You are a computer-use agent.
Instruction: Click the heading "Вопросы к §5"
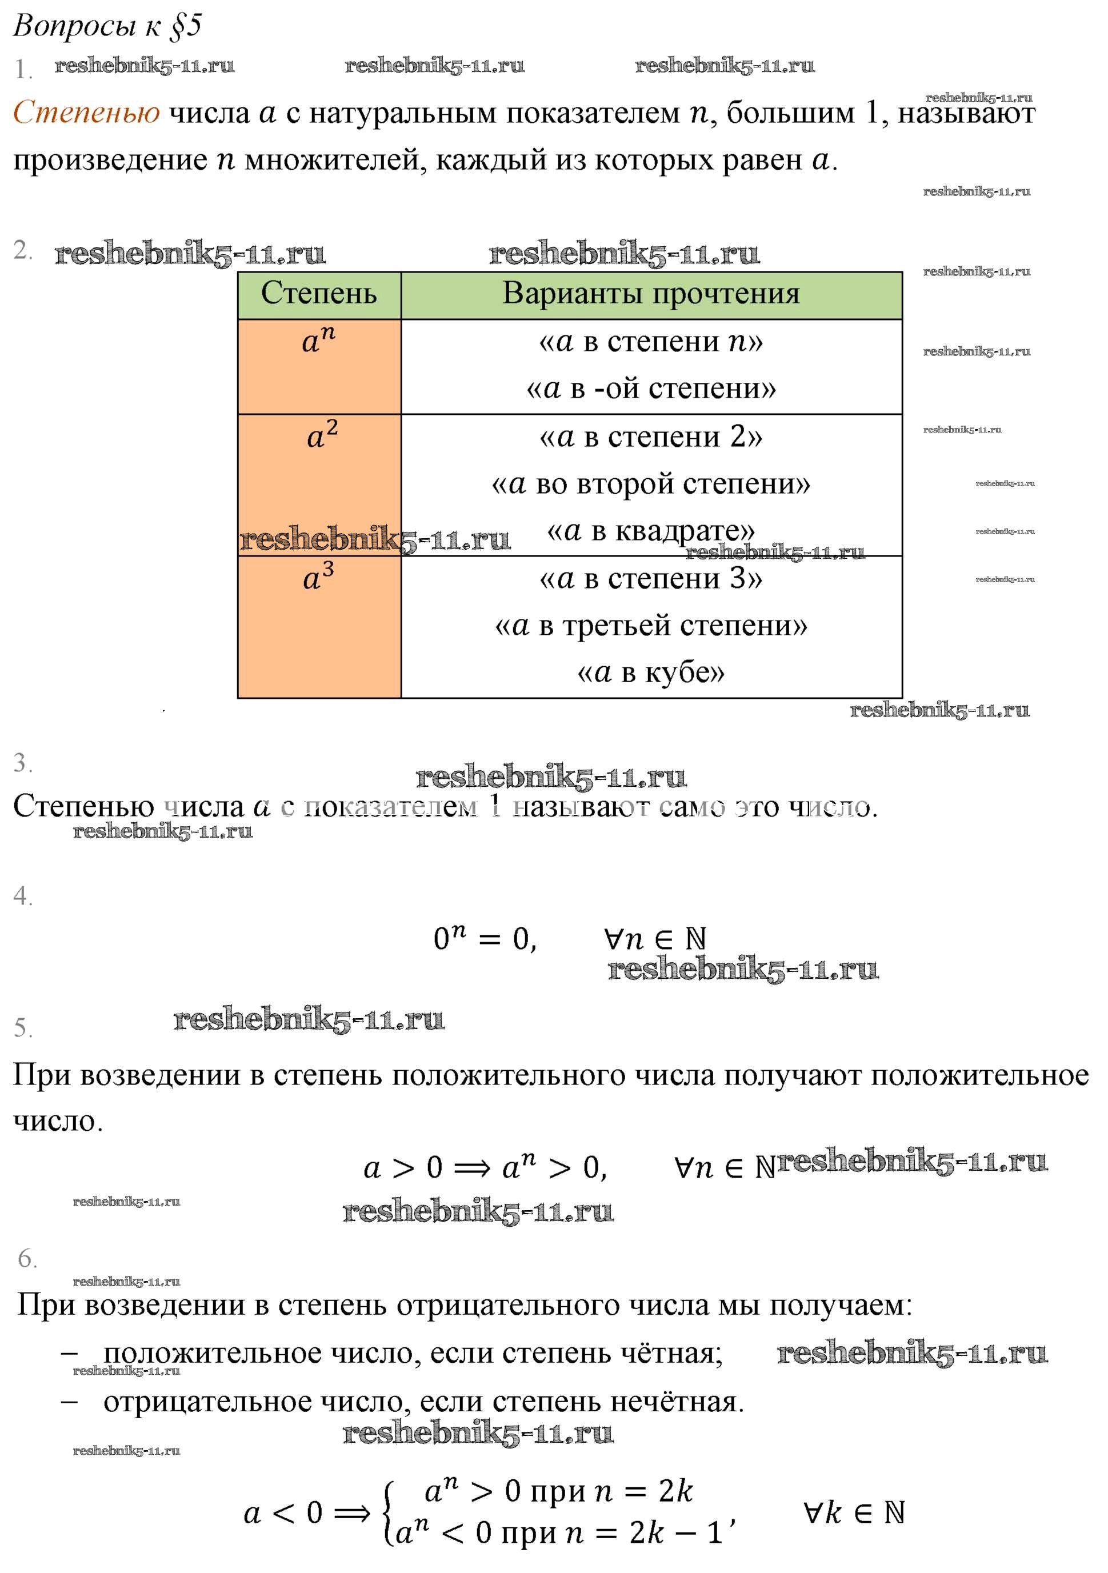tap(107, 26)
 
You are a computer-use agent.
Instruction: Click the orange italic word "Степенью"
tap(86, 113)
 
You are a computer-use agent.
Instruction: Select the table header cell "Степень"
tap(319, 294)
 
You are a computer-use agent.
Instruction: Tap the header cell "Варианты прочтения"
tap(650, 294)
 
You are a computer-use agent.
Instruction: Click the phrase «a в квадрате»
tap(650, 531)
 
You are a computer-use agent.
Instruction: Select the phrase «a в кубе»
tap(650, 673)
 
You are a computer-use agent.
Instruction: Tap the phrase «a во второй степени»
tap(650, 485)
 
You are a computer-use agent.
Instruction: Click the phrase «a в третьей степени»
tap(650, 626)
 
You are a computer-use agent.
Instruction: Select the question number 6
tap(27, 1258)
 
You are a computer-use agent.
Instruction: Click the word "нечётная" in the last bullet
tap(675, 1402)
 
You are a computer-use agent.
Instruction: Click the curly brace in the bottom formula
tap(389, 1512)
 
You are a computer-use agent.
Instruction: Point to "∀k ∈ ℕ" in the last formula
tap(854, 1512)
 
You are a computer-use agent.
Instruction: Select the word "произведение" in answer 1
tap(110, 161)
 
